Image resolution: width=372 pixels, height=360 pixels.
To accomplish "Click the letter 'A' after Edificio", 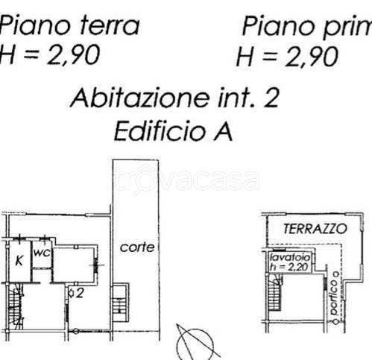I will pos(221,132).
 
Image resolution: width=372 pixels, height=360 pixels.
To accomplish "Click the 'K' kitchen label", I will pos(18,261).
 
